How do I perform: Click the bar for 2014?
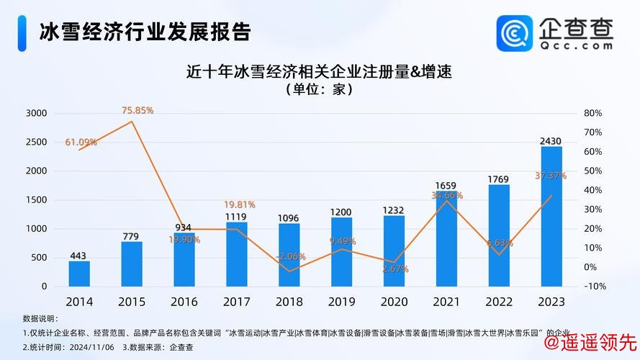pos(79,274)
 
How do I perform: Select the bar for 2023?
pos(551,216)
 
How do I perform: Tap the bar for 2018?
pos(289,255)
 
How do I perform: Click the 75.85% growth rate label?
pos(138,110)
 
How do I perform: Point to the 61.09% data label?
pos(81,142)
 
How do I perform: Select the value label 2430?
pos(551,140)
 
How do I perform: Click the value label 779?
pos(132,235)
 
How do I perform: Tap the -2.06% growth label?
pos(290,256)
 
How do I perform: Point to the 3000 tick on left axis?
pos(35,113)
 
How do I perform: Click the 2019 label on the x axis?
pos(342,301)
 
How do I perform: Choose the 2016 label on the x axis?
pos(184,301)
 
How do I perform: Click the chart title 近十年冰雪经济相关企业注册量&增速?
pos(322,72)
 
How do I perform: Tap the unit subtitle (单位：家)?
pos(321,91)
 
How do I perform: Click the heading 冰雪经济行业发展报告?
pos(144,32)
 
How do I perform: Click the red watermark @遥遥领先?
pos(590,342)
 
